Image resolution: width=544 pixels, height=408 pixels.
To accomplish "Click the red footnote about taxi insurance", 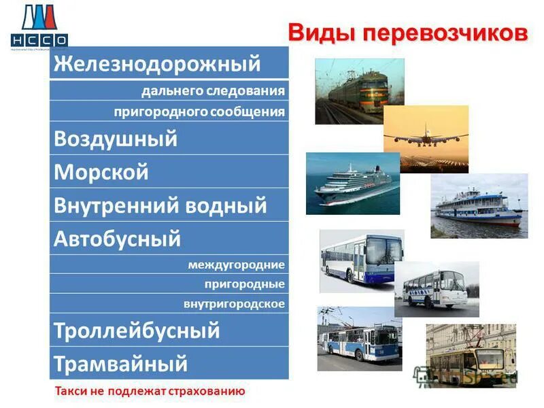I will [150, 391].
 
